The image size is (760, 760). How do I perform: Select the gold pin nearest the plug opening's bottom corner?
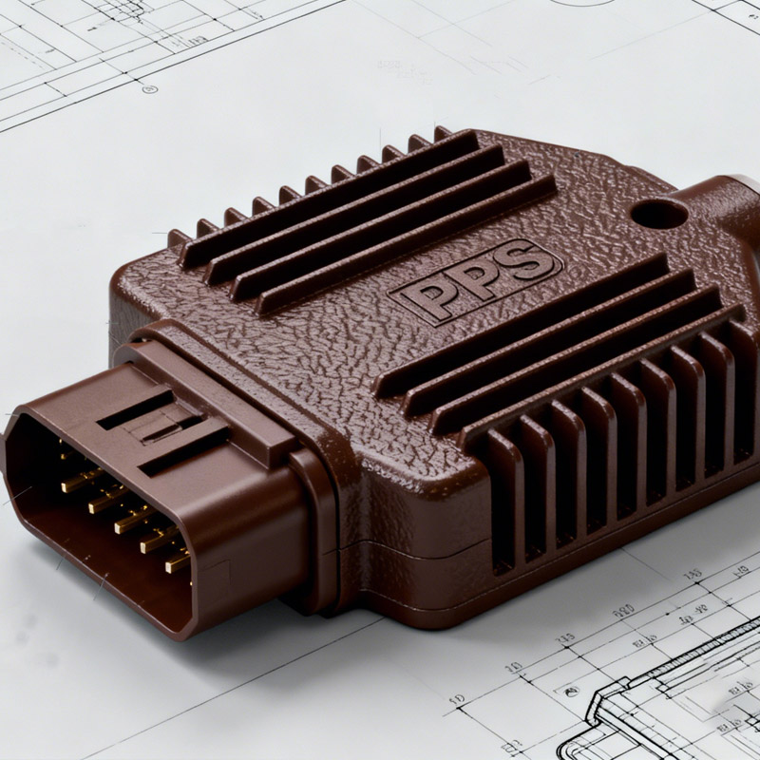177,562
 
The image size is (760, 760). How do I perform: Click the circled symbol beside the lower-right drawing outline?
457,700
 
